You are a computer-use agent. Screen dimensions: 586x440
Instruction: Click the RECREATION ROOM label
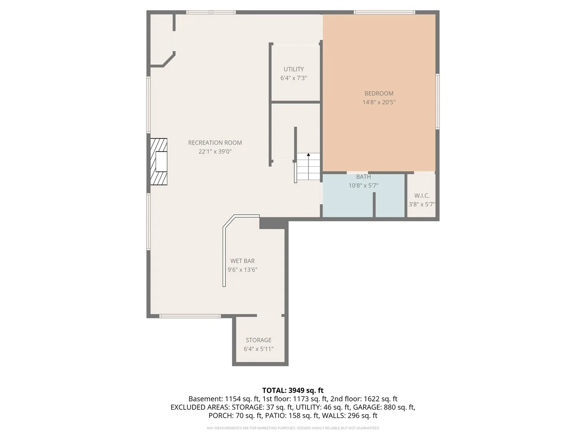[x=215, y=143]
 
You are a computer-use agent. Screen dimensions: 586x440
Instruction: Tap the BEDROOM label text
[x=379, y=94]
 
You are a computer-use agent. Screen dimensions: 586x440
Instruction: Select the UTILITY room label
[x=294, y=69]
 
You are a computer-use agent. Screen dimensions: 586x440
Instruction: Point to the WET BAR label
[x=243, y=261]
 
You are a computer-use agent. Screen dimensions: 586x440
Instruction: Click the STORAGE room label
[x=258, y=340]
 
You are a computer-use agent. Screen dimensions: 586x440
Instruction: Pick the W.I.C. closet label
[x=422, y=196]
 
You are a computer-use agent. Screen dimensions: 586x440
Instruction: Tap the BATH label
[x=363, y=177]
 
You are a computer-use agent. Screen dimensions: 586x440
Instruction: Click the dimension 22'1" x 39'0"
[x=215, y=152]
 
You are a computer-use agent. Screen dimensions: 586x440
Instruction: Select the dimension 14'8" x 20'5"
[x=379, y=102]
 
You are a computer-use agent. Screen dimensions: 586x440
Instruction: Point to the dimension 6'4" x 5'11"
[x=258, y=349]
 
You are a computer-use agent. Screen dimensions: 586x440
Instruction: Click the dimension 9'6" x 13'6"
[x=243, y=270]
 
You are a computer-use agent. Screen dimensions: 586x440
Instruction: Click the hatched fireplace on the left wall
[x=159, y=162]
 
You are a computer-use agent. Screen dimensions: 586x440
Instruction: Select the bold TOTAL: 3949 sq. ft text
[x=293, y=391]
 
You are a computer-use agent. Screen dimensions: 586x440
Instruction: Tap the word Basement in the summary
[x=206, y=399]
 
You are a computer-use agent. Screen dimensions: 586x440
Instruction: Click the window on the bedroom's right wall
[x=437, y=101]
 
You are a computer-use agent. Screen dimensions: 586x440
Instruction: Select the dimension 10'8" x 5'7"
[x=363, y=186]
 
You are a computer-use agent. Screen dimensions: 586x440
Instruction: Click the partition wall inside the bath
[x=374, y=205]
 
